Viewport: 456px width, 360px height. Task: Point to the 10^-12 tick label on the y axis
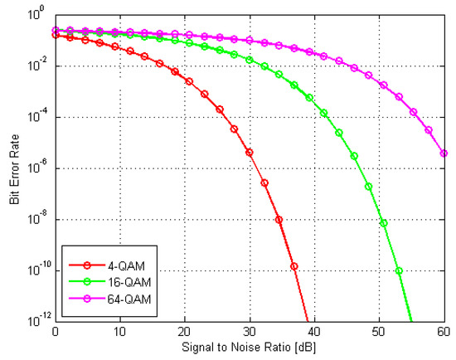pyautogui.click(x=37, y=320)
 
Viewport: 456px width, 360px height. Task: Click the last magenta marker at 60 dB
pyautogui.click(x=444, y=153)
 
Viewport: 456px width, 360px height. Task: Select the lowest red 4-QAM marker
pyautogui.click(x=294, y=267)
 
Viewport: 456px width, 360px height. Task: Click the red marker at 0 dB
pyautogui.click(x=55, y=36)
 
